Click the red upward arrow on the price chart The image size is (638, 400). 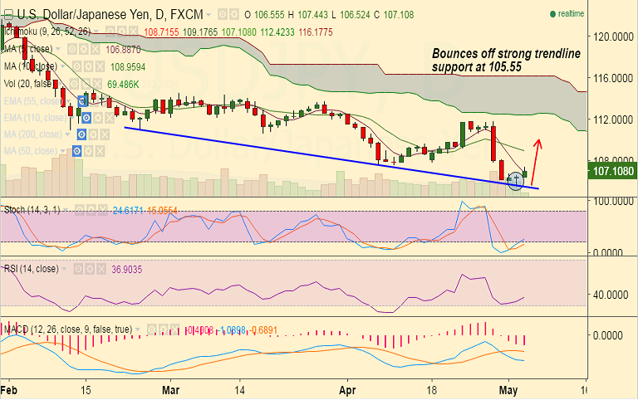click(x=536, y=161)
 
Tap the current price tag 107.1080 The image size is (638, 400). click(x=611, y=172)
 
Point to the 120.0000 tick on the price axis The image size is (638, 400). click(x=611, y=37)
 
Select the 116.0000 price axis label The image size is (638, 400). click(x=611, y=78)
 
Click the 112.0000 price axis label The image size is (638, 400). click(x=611, y=120)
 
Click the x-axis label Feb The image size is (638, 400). click(x=9, y=389)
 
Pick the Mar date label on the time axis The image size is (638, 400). click(x=171, y=389)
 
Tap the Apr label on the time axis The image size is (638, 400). click(x=348, y=389)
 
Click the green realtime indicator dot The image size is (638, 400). click(x=552, y=14)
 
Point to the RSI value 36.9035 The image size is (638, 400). click(x=127, y=270)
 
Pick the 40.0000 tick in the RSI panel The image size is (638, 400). click(x=611, y=295)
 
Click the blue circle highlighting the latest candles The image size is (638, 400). click(x=516, y=179)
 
